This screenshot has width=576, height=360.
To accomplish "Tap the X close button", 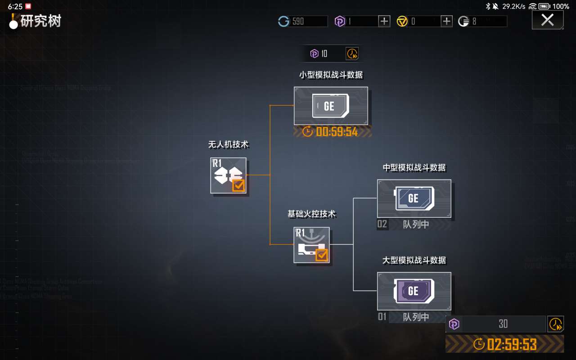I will tap(547, 20).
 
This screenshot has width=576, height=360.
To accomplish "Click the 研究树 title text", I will tap(40, 21).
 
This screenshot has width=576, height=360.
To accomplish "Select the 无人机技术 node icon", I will tap(228, 175).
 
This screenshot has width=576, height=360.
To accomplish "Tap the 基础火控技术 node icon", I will tap(311, 245).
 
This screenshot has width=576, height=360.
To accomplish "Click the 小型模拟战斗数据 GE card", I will tap(331, 106).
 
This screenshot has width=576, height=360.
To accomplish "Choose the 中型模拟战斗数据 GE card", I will tap(414, 198).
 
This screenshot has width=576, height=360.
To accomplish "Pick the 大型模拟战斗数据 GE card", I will tap(414, 291).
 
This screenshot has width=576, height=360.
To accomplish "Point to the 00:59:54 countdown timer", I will tap(337, 131).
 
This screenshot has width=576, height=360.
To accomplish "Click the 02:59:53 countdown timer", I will tap(512, 345).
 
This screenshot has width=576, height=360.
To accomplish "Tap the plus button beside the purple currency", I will tap(384, 21).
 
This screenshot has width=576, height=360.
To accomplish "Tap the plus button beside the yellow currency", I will tap(446, 21).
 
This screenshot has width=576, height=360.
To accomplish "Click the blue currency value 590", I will tap(298, 21).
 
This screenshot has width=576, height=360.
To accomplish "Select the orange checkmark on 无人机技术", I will tap(238, 185).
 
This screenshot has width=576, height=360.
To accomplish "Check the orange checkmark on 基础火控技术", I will tap(322, 255).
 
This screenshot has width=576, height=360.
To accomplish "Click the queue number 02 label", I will tap(382, 224).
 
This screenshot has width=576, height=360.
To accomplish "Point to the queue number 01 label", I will tap(382, 317).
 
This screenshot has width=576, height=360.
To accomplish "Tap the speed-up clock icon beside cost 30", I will tap(556, 324).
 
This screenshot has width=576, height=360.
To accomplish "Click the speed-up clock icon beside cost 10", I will tap(352, 54).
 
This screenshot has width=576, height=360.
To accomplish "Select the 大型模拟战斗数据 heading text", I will tap(414, 260).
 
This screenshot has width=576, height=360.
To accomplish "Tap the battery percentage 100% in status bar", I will tap(561, 6).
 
